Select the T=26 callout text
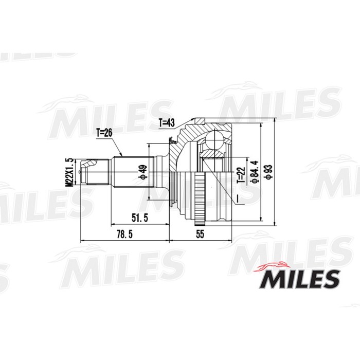click(x=104, y=132)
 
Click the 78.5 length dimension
click(x=121, y=235)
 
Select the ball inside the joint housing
click(x=212, y=146)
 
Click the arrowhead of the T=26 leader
click(x=121, y=155)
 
